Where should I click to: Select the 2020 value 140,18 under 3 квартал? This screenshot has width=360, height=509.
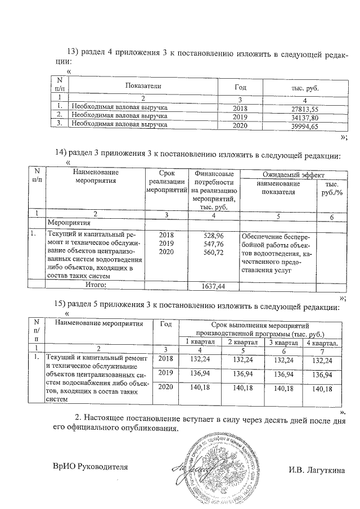pos(283,388)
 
